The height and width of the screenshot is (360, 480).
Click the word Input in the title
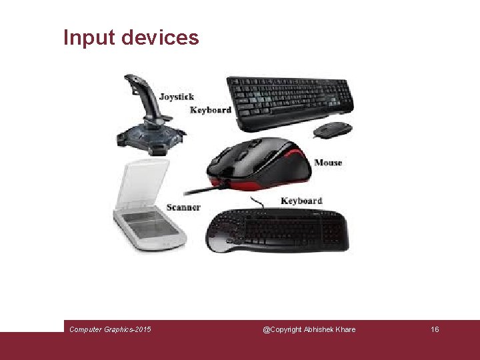89,37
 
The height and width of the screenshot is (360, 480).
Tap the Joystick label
177,97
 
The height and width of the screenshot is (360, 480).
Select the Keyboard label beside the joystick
211,110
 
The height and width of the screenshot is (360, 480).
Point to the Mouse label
328,163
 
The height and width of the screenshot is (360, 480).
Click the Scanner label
183,207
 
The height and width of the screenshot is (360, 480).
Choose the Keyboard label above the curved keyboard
301,201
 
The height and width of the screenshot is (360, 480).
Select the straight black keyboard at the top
291,100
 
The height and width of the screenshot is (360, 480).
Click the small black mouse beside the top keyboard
332,129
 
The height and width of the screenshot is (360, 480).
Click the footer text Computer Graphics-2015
110,329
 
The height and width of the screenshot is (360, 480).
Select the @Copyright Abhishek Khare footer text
309,329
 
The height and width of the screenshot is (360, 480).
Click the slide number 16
435,329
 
